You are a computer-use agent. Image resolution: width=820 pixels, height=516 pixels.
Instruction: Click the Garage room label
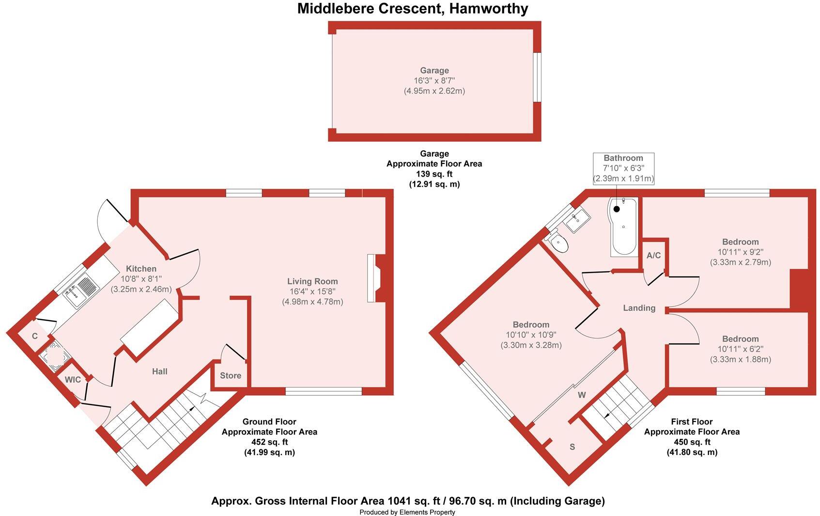(434, 70)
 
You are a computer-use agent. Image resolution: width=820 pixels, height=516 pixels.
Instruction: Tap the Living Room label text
(312, 281)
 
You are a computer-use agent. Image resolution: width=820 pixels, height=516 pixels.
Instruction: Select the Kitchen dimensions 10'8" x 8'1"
(141, 279)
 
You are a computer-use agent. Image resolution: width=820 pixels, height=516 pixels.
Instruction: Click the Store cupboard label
(231, 375)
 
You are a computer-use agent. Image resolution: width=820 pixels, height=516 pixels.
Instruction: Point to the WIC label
(73, 380)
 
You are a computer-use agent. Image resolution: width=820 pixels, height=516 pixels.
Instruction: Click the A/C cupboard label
(654, 256)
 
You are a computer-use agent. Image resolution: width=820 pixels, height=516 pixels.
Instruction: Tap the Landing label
(639, 308)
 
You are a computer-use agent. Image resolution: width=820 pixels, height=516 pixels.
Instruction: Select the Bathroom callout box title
(623, 158)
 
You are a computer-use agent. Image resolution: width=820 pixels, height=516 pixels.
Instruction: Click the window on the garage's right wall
(536, 78)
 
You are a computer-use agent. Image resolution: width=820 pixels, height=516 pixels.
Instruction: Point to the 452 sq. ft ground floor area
(269, 442)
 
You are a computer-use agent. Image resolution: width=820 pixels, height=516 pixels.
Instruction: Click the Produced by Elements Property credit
(407, 512)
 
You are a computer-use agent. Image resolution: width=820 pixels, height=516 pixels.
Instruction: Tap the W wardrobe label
(582, 395)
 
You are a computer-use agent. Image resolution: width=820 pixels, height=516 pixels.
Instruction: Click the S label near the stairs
(572, 447)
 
